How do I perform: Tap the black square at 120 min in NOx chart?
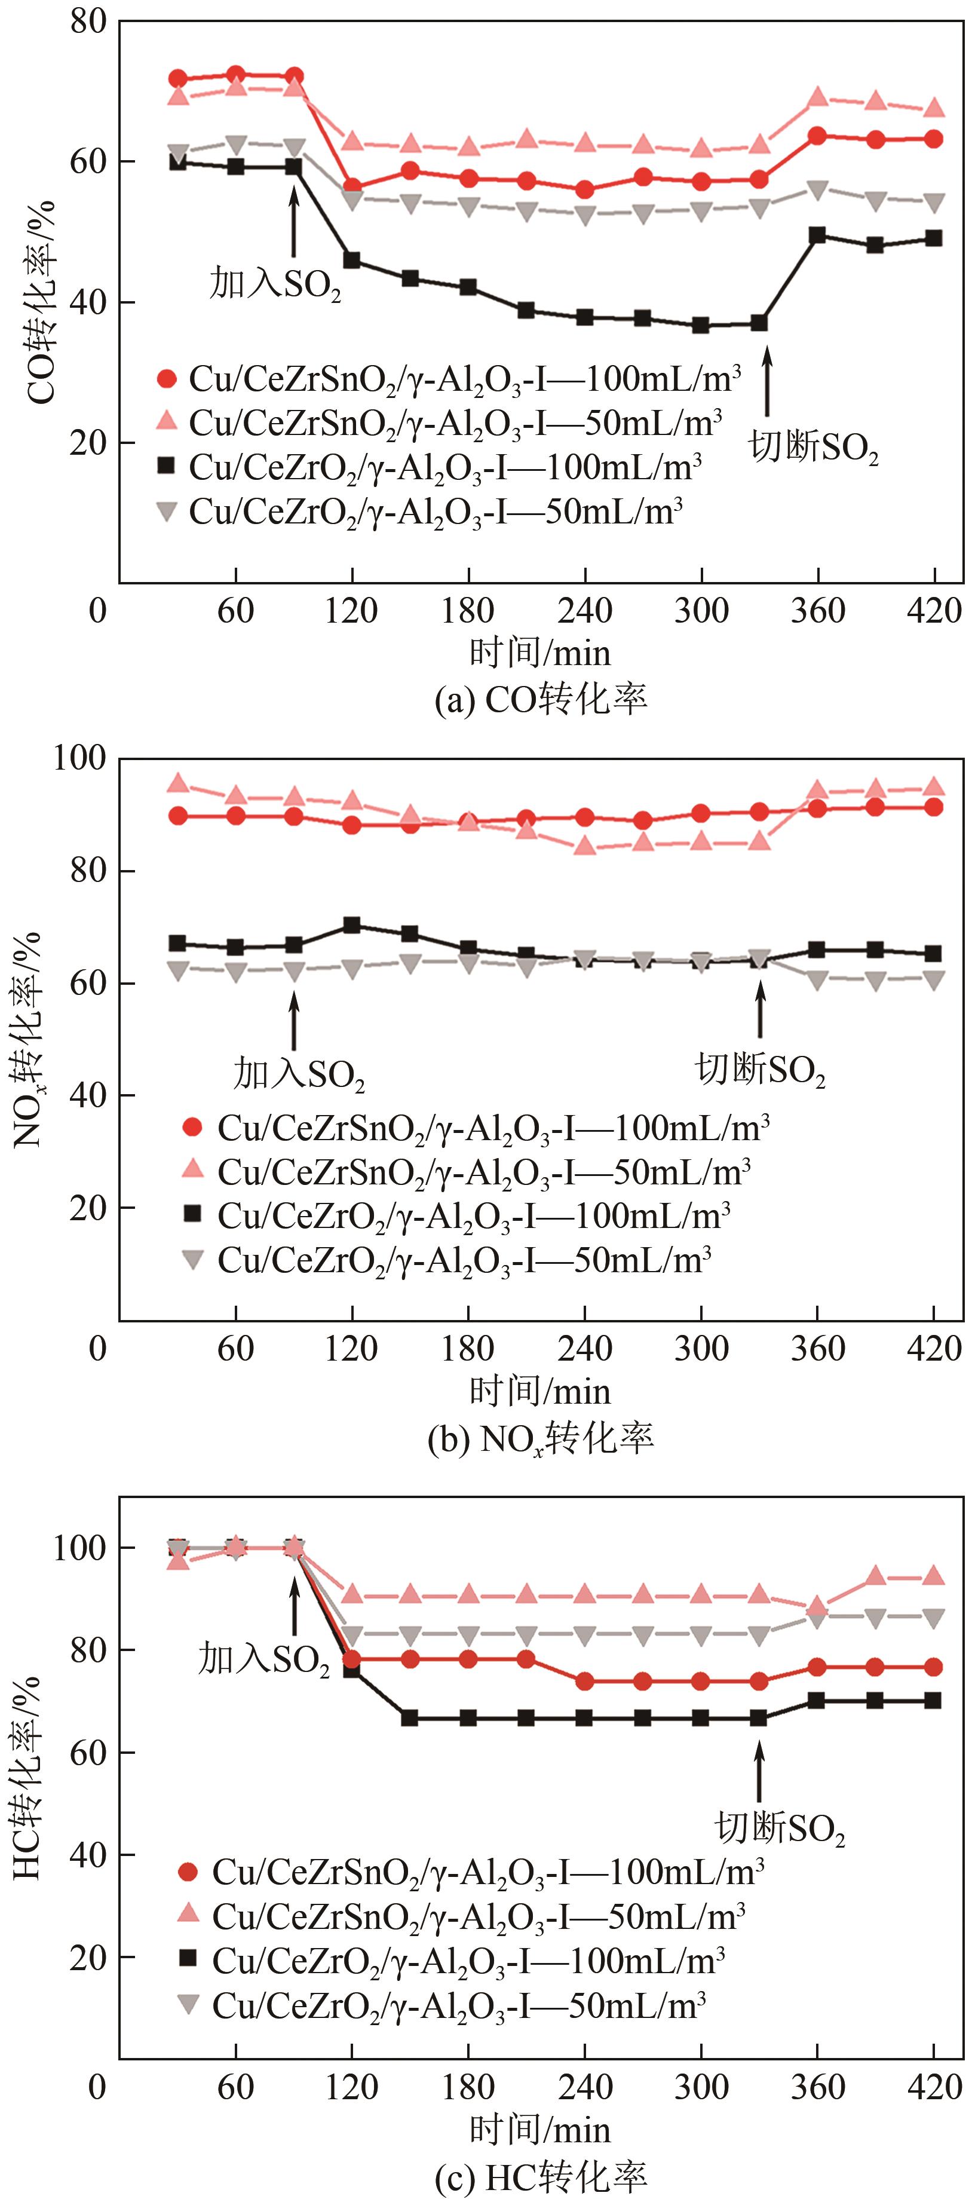(352, 925)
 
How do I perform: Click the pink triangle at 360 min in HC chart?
(817, 1605)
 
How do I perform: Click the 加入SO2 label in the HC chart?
(263, 1658)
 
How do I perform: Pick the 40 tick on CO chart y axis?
(89, 302)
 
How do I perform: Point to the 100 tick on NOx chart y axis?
(79, 758)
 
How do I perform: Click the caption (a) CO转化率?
(541, 699)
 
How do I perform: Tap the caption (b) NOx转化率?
(541, 1438)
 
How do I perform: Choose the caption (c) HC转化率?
(541, 2176)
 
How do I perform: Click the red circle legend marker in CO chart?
(167, 378)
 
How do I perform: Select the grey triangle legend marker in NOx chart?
(194, 1259)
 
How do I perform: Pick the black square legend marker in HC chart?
(188, 1958)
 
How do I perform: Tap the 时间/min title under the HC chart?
(540, 2129)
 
